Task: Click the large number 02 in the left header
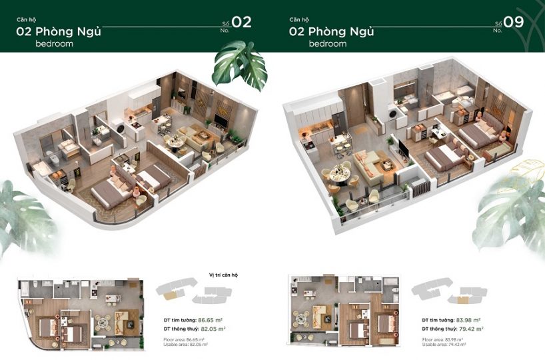[x=241, y=22]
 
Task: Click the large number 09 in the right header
[x=514, y=22]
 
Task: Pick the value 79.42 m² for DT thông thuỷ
[x=470, y=329]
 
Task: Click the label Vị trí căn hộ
[x=214, y=275]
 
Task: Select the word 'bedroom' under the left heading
[x=55, y=43]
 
